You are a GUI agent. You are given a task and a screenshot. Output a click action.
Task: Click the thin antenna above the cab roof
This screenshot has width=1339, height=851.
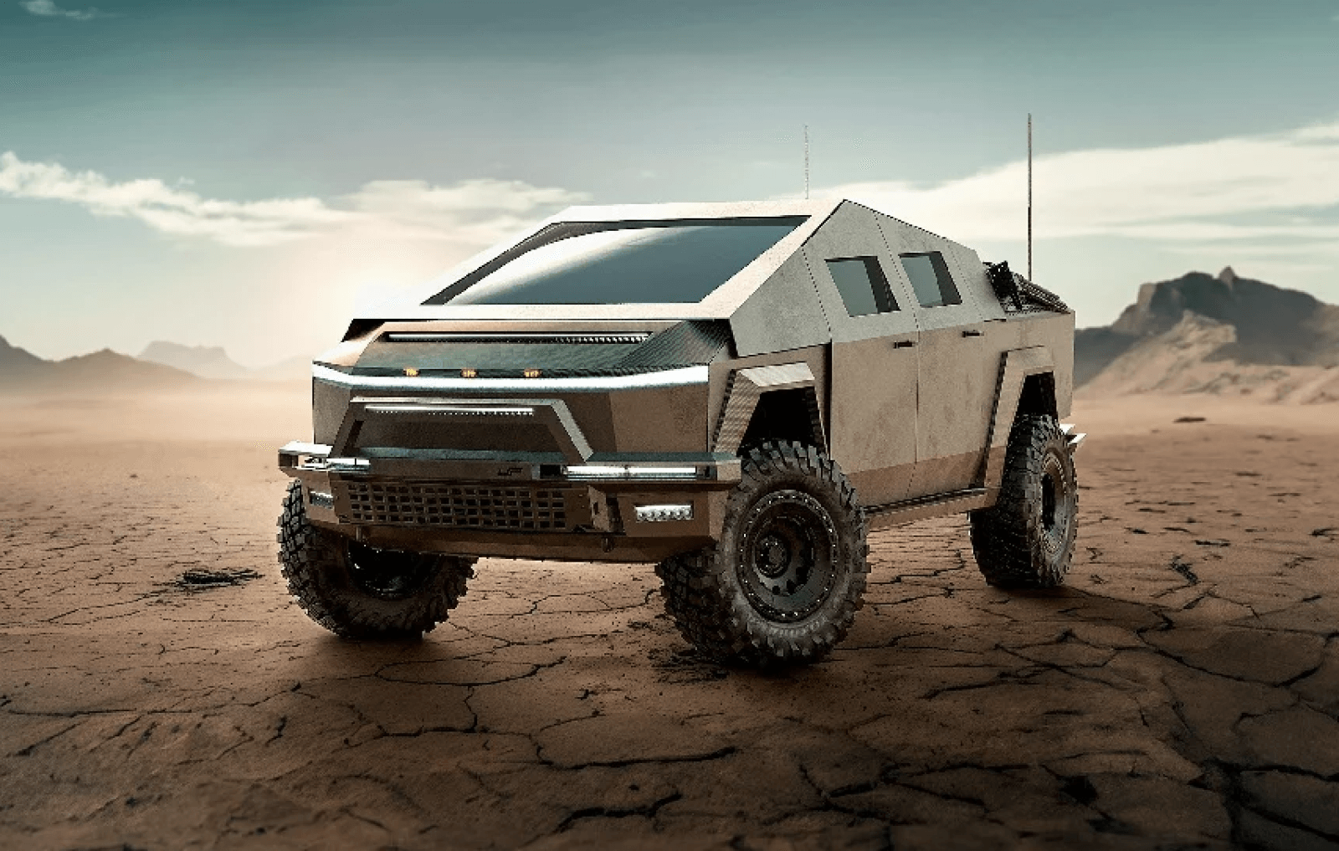point(806,163)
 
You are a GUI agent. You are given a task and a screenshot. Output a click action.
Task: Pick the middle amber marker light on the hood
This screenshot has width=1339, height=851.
point(467,371)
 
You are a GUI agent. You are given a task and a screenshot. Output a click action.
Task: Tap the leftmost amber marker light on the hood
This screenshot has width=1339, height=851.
point(410,370)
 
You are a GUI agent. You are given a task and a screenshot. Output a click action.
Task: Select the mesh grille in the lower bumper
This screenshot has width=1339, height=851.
point(456,505)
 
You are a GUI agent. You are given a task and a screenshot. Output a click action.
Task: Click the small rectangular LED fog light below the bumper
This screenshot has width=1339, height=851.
point(663,512)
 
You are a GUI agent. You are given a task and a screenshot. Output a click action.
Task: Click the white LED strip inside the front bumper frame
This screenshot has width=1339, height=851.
point(450,410)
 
